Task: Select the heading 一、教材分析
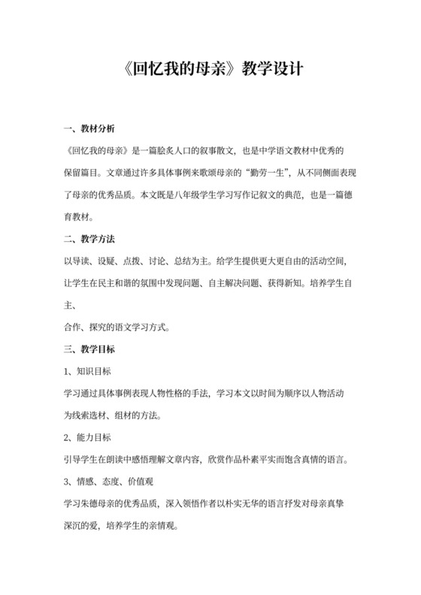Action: click(89, 128)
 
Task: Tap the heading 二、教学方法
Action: click(89, 240)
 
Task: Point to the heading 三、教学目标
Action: click(89, 349)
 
